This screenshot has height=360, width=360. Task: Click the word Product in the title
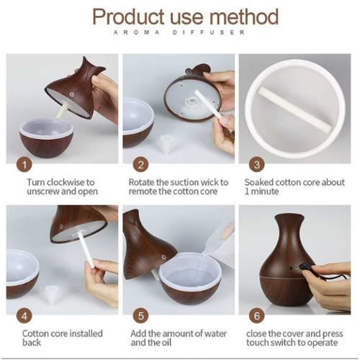[129, 17]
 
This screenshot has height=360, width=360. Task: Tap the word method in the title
[244, 17]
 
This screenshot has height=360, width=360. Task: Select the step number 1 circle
[24, 165]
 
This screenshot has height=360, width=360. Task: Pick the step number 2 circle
[141, 165]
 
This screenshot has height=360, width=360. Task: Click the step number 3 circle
[257, 165]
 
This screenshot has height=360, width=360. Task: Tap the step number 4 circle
[24, 316]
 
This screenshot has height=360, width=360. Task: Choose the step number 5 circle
[141, 316]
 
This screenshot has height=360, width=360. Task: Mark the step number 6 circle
[257, 316]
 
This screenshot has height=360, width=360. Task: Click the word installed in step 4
[86, 333]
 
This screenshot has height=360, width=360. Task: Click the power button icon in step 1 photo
[71, 94]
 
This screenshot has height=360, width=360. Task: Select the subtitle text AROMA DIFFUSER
[179, 32]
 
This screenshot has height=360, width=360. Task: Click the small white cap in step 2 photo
[166, 142]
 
